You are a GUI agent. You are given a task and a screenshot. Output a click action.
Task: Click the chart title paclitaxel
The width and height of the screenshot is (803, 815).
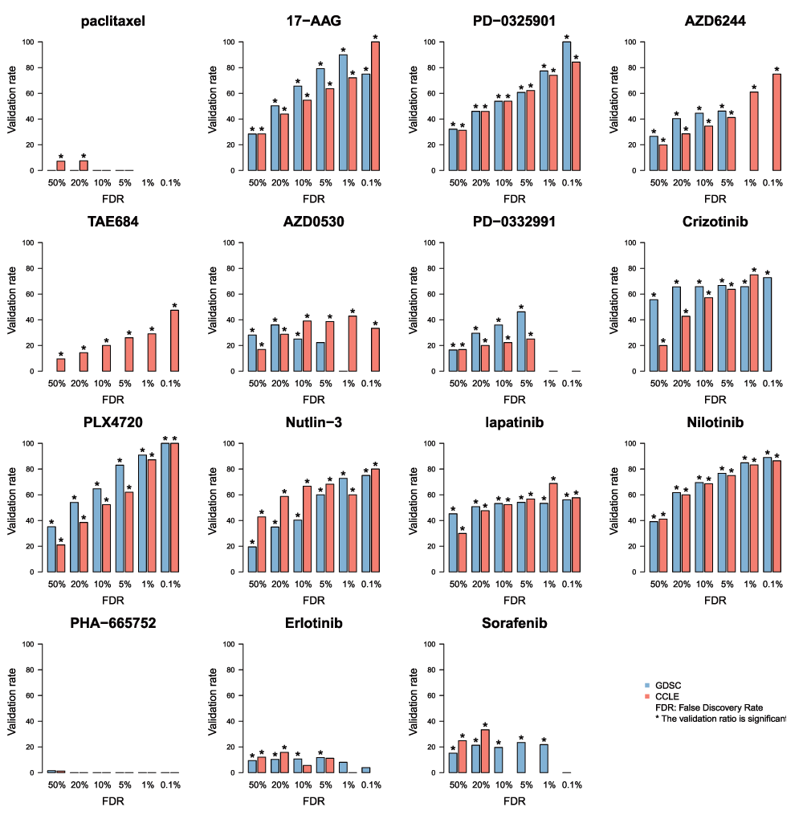112,22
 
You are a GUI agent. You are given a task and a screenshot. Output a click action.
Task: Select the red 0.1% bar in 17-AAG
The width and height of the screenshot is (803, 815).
375,106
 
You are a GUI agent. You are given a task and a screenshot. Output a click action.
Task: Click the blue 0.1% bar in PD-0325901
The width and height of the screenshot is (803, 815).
566,106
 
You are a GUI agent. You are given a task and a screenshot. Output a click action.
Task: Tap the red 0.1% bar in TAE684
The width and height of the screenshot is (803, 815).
174,340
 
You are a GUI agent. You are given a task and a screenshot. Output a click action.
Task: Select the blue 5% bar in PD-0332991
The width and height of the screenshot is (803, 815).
521,341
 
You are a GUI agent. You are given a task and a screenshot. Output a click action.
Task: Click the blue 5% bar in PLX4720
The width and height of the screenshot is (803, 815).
120,519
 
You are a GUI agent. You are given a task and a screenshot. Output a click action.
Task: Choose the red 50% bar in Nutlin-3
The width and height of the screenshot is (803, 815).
262,544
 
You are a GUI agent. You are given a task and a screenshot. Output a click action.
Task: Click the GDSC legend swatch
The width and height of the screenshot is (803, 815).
646,685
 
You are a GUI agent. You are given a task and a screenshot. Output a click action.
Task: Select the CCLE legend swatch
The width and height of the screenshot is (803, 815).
646,696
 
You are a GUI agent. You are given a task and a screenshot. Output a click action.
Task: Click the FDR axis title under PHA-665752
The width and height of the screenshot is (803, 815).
112,801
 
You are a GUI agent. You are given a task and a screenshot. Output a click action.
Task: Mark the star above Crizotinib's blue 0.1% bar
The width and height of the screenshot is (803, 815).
767,273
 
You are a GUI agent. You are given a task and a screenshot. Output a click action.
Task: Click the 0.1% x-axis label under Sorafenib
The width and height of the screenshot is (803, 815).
571,785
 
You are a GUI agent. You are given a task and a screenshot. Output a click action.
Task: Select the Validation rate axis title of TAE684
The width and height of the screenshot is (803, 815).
11,307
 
